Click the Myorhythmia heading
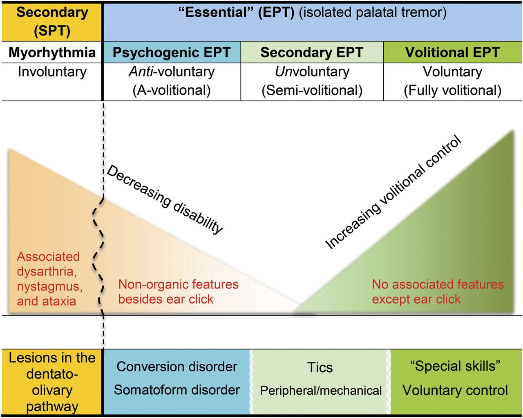click(x=52, y=53)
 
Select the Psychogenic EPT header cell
click(x=172, y=53)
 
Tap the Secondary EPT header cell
click(x=312, y=53)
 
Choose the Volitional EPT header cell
click(x=452, y=53)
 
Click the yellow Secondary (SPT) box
click(x=52, y=21)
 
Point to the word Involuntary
click(x=52, y=72)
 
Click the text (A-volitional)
click(x=172, y=90)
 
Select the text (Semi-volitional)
click(x=312, y=90)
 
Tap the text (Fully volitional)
click(x=452, y=90)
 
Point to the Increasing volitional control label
click(x=393, y=192)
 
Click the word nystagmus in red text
click(x=49, y=286)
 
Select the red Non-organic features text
click(x=179, y=284)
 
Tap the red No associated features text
click(x=438, y=284)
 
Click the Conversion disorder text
click(x=177, y=367)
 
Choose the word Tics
click(x=320, y=367)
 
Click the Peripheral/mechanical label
click(x=321, y=391)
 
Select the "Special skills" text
click(x=455, y=366)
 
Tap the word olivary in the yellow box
click(x=52, y=390)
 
